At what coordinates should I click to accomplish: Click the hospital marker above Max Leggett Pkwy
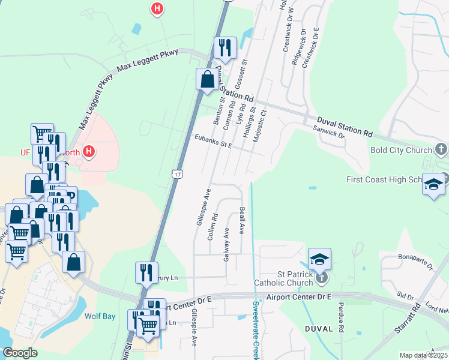pos(157,8)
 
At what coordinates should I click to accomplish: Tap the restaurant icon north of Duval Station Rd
pos(224,48)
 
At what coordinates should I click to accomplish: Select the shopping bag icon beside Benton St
pos(207,79)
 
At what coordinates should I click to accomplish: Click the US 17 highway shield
pos(175,174)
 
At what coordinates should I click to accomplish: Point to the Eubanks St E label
pos(212,140)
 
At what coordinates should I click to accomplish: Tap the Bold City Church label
pos(401,150)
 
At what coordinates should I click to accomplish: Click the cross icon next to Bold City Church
pos(441,149)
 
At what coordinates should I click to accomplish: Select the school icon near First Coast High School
pos(433,184)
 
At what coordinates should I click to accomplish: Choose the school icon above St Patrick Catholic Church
pos(320,259)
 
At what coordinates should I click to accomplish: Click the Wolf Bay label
pos(100,316)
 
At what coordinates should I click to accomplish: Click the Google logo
pos(20,352)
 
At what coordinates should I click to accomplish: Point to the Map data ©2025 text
pos(424,355)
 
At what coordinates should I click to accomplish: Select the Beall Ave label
pos(242,220)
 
